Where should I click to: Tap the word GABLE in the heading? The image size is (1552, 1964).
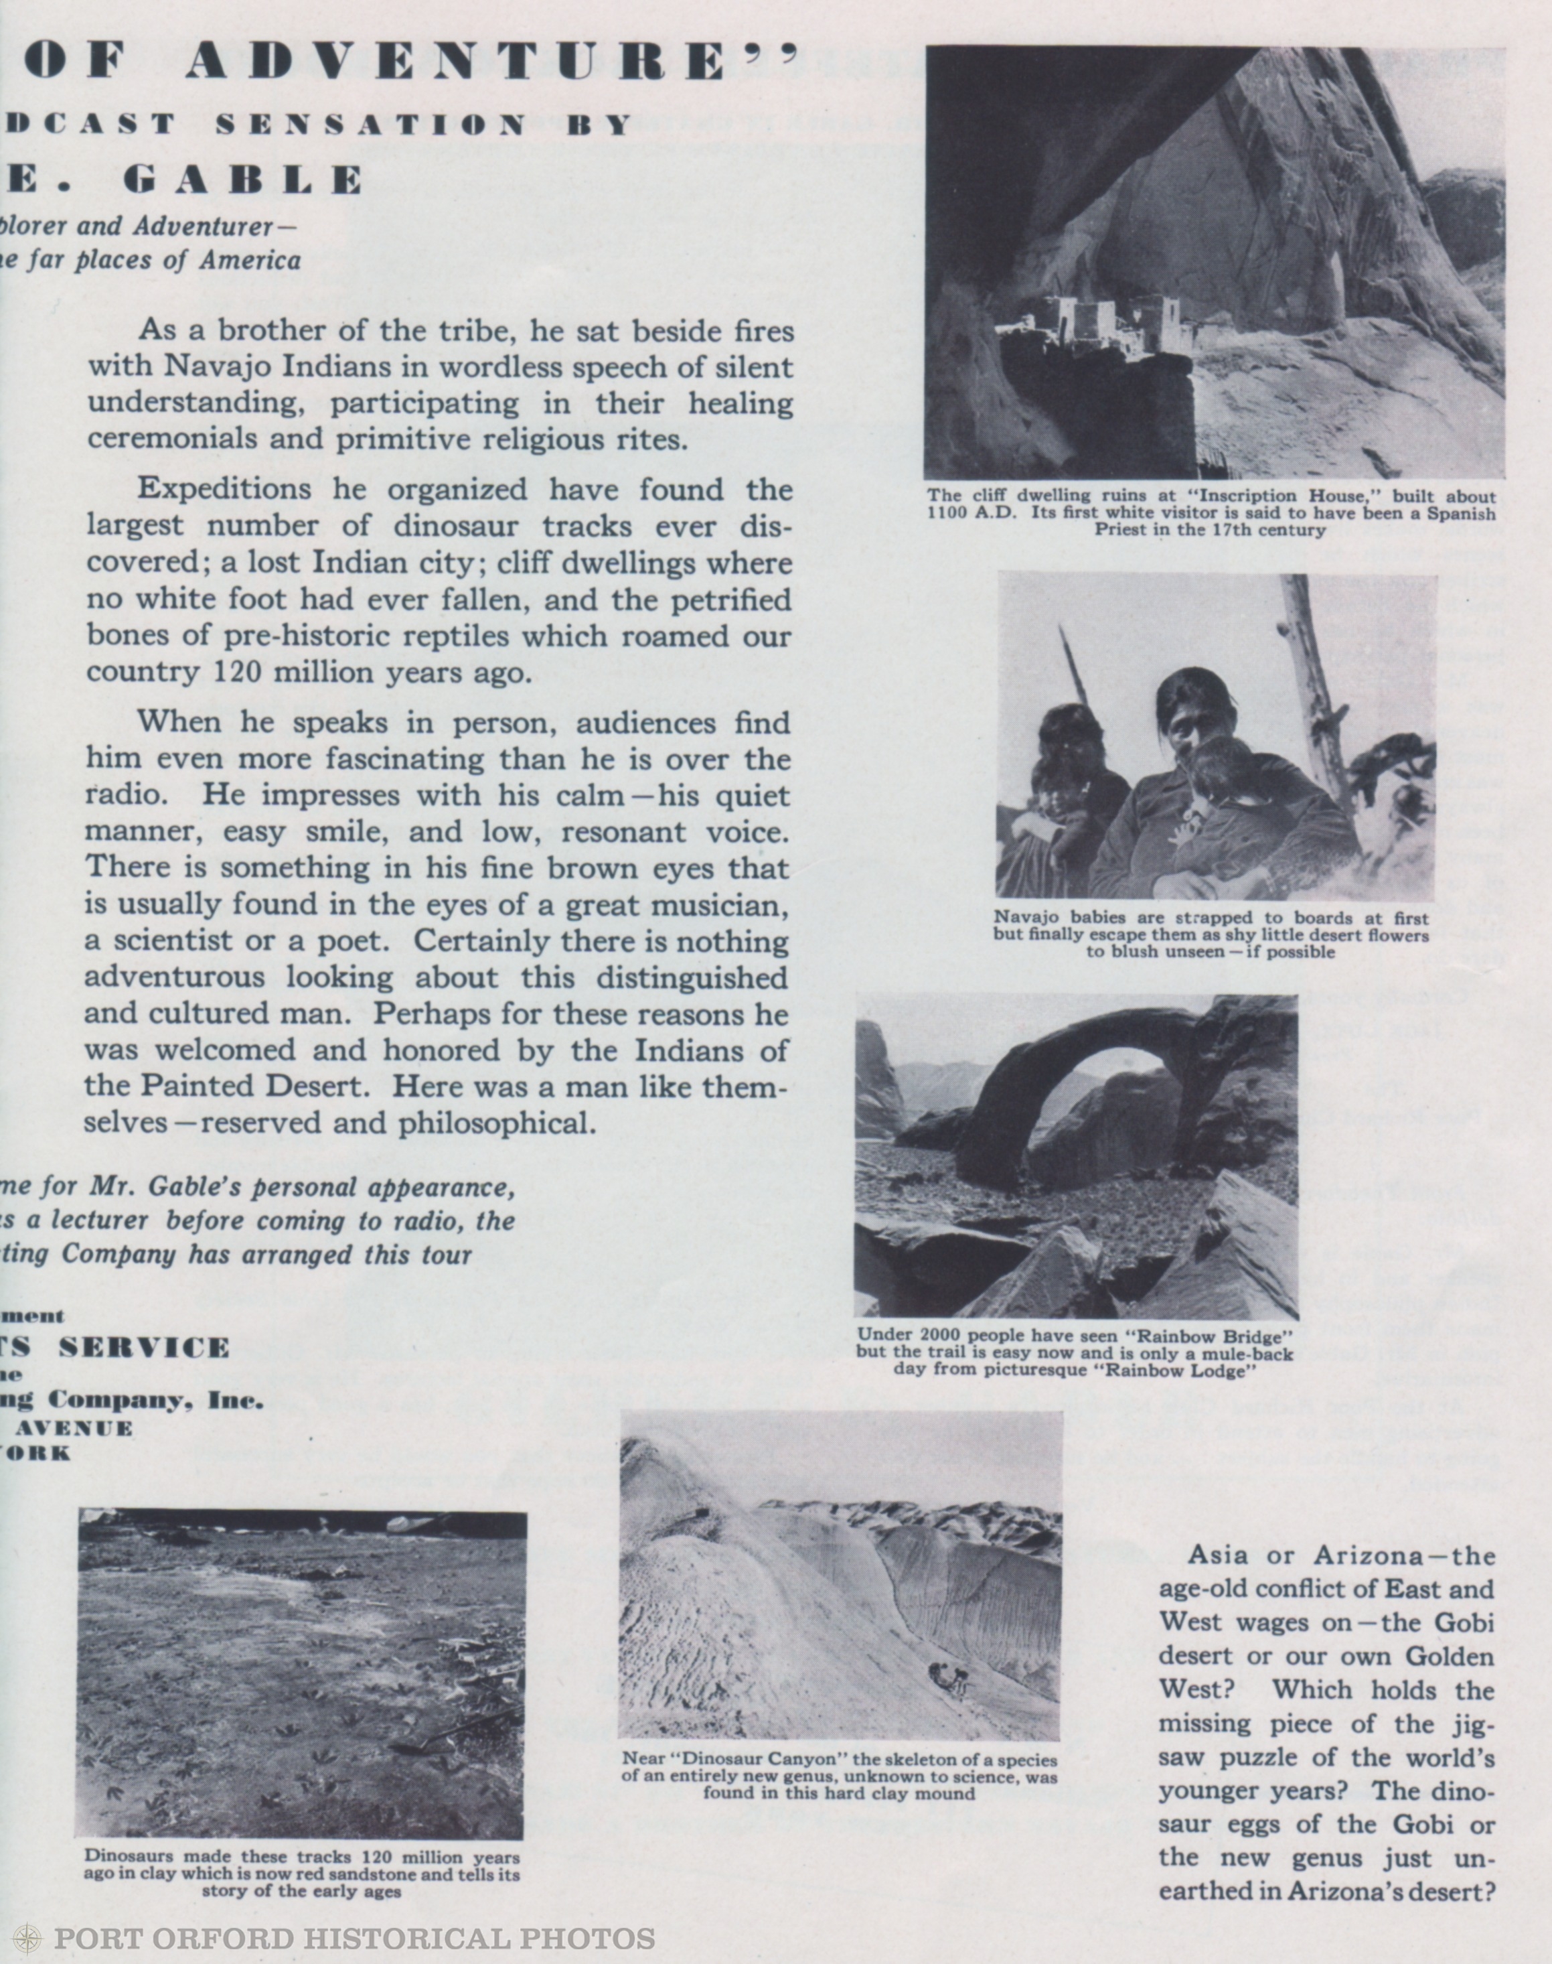click(x=242, y=181)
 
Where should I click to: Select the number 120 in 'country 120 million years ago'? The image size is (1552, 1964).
click(x=239, y=673)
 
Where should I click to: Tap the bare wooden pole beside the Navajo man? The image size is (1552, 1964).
click(x=1312, y=691)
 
